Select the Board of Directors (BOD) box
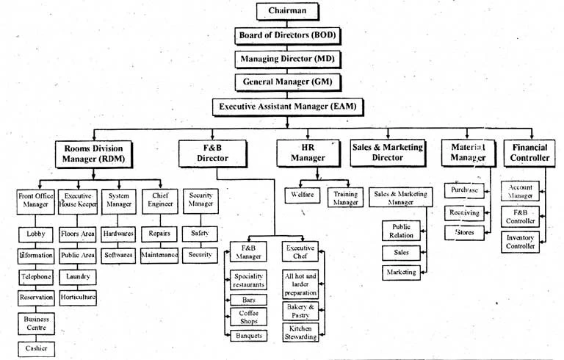tap(288, 35)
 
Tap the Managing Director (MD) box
tap(288, 59)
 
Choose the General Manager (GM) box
tap(287, 82)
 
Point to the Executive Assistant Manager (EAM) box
tap(287, 107)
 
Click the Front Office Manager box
tap(36, 201)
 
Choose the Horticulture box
tap(77, 298)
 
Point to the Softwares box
tap(118, 255)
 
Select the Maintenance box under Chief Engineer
tap(159, 255)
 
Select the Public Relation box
tap(401, 231)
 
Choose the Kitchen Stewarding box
tap(300, 333)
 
